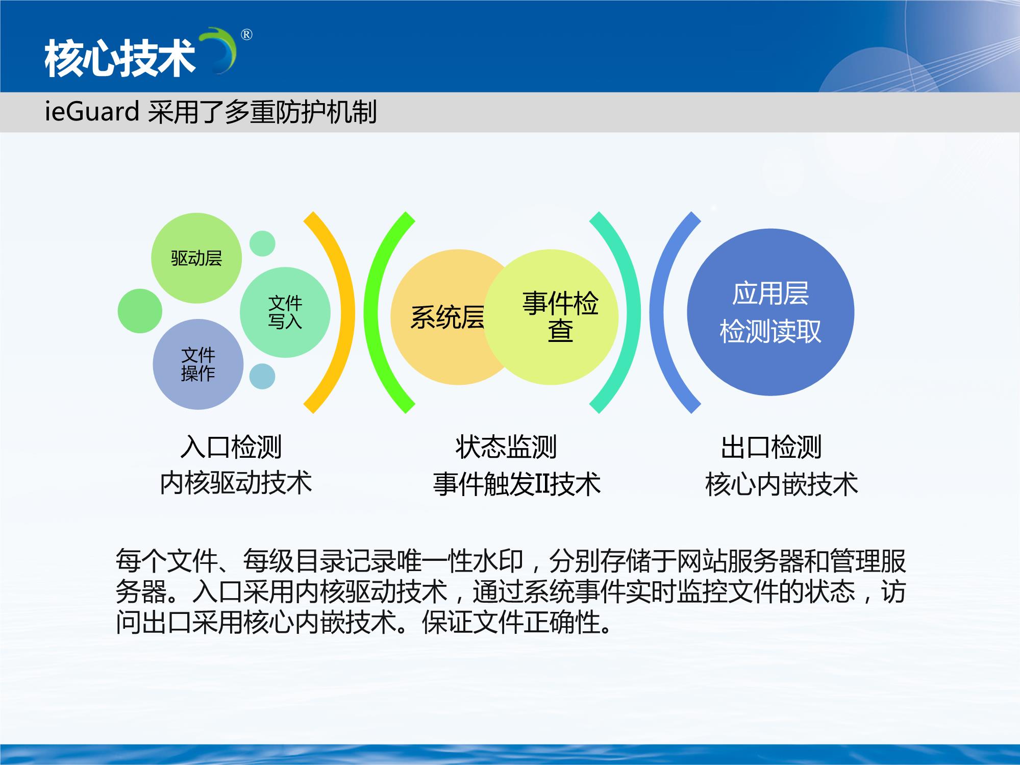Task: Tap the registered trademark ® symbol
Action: [246, 35]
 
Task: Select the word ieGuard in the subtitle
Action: [92, 111]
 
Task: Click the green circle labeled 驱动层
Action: [196, 258]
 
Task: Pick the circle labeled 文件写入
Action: [285, 312]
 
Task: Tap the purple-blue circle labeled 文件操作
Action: [198, 364]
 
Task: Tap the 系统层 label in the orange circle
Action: [447, 317]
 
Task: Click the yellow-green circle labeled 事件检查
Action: [551, 317]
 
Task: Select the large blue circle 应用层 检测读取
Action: [770, 312]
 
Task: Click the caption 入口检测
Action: [231, 447]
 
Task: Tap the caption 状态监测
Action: [506, 447]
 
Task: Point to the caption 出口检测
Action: [771, 447]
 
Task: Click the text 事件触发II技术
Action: [517, 484]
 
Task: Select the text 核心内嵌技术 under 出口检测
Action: [782, 484]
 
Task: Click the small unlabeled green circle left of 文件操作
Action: [140, 311]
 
